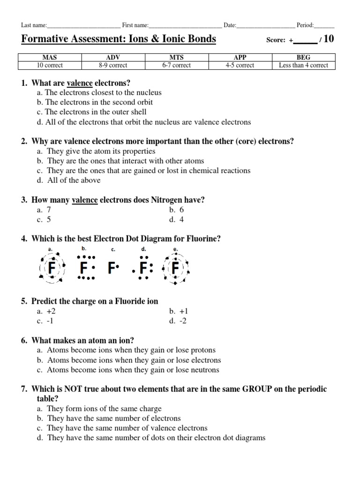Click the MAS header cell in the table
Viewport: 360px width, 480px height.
pos(50,58)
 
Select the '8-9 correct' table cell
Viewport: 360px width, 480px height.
pos(113,65)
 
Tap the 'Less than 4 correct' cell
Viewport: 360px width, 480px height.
pos(303,65)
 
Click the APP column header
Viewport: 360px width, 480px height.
pos(240,58)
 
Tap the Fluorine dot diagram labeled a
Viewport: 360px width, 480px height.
pos(51,268)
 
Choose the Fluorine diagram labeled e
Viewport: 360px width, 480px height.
pos(175,268)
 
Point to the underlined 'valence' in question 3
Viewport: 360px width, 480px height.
pos(85,200)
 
